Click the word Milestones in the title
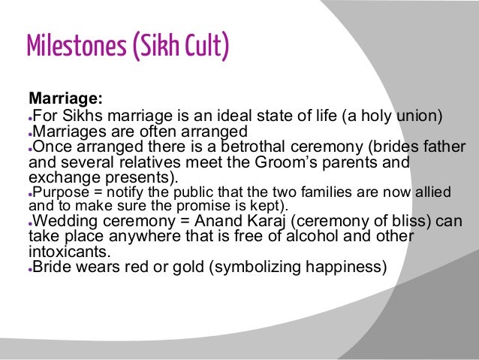coord(71,47)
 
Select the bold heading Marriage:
coord(65,98)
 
